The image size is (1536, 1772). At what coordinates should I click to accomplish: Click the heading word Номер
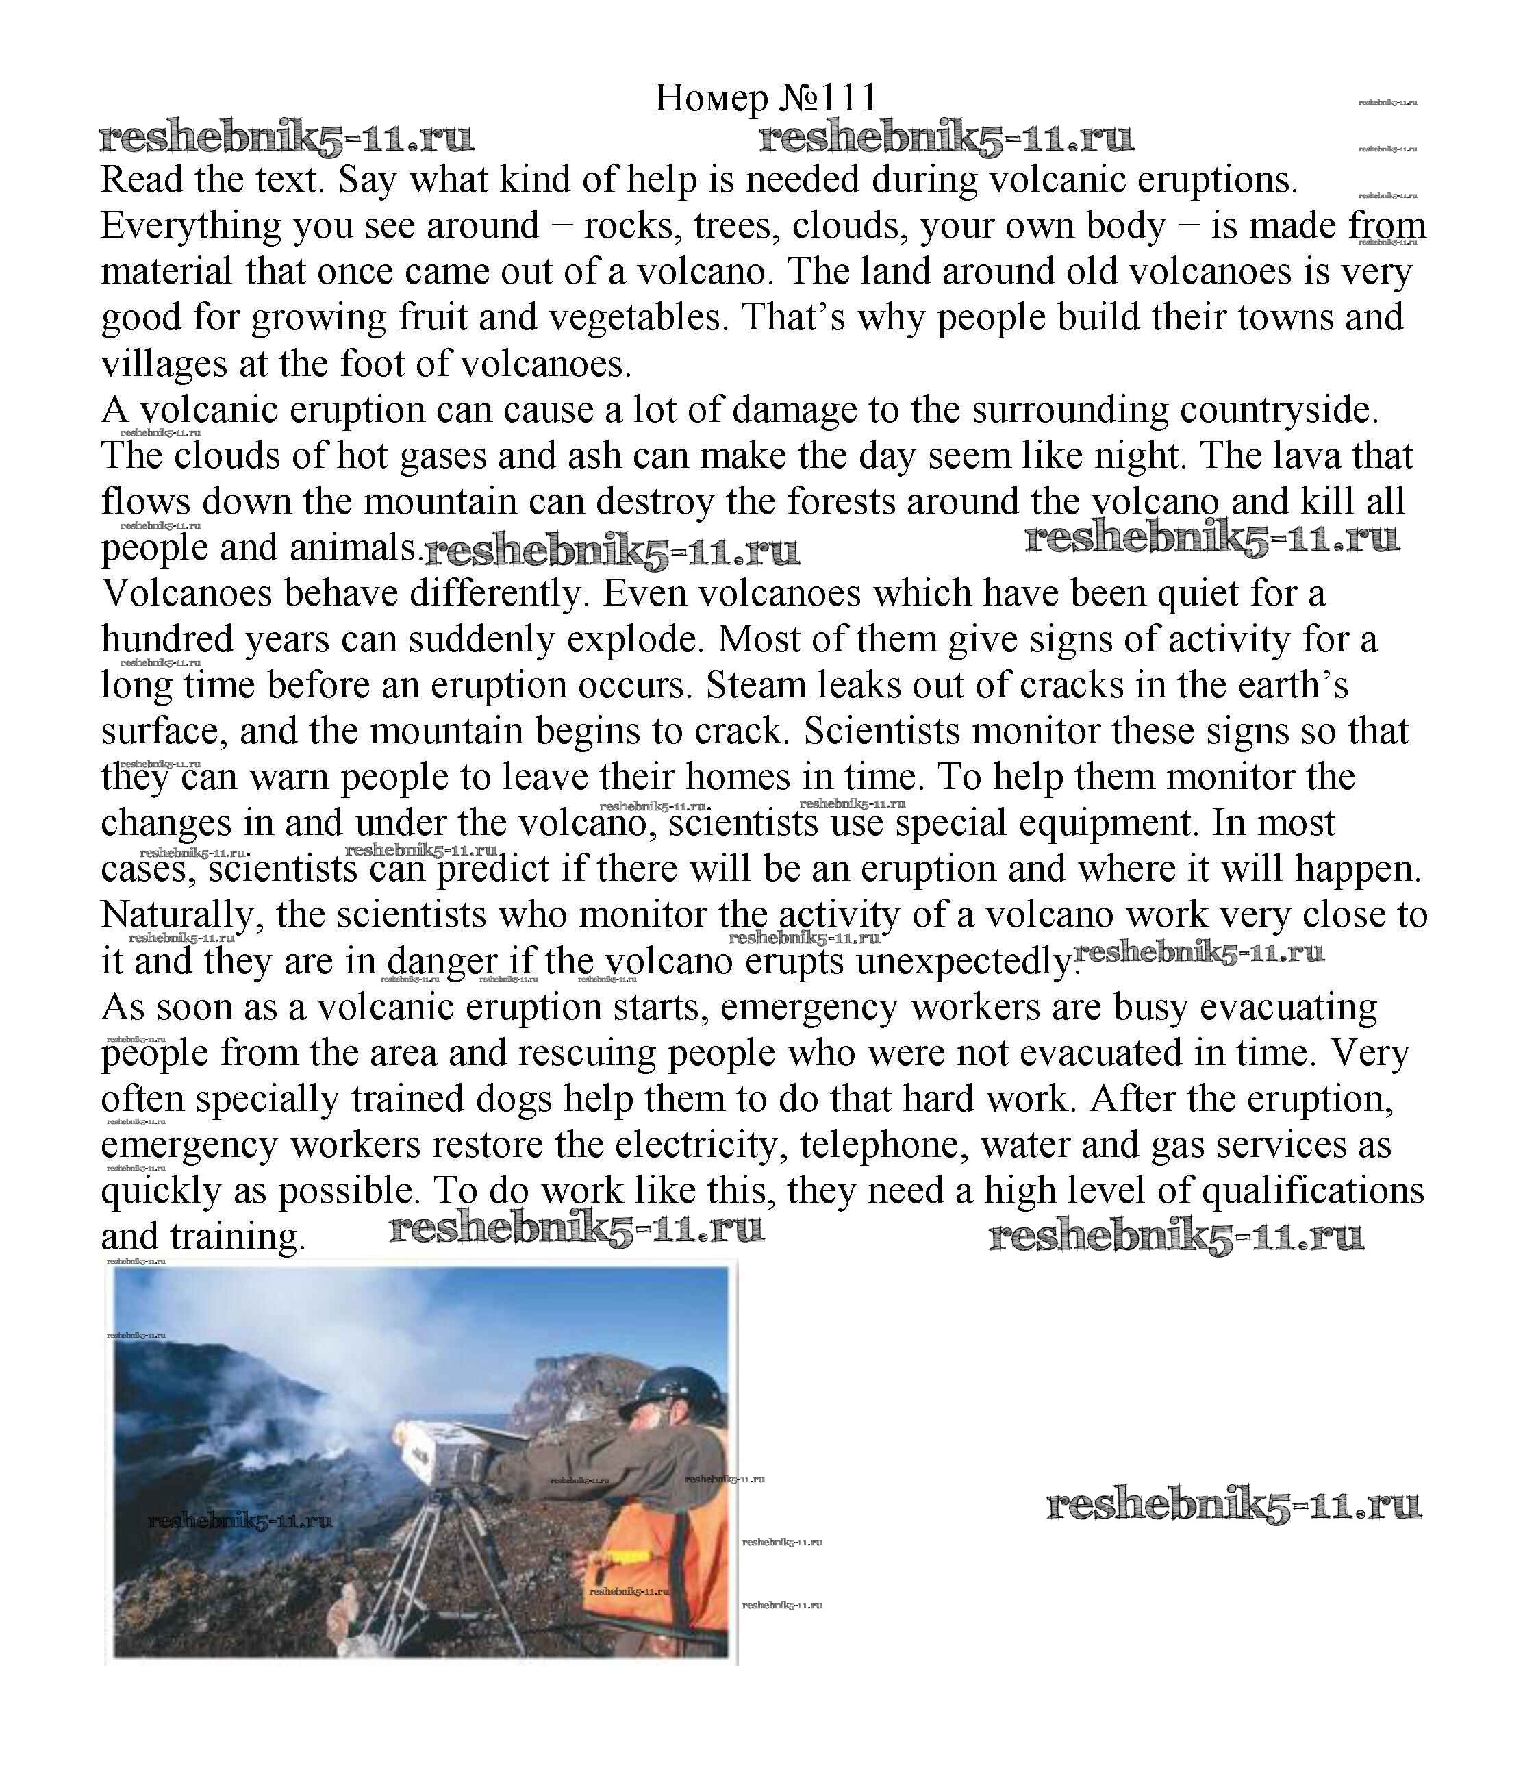pos(711,99)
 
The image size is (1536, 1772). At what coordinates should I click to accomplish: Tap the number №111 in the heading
pos(828,99)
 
